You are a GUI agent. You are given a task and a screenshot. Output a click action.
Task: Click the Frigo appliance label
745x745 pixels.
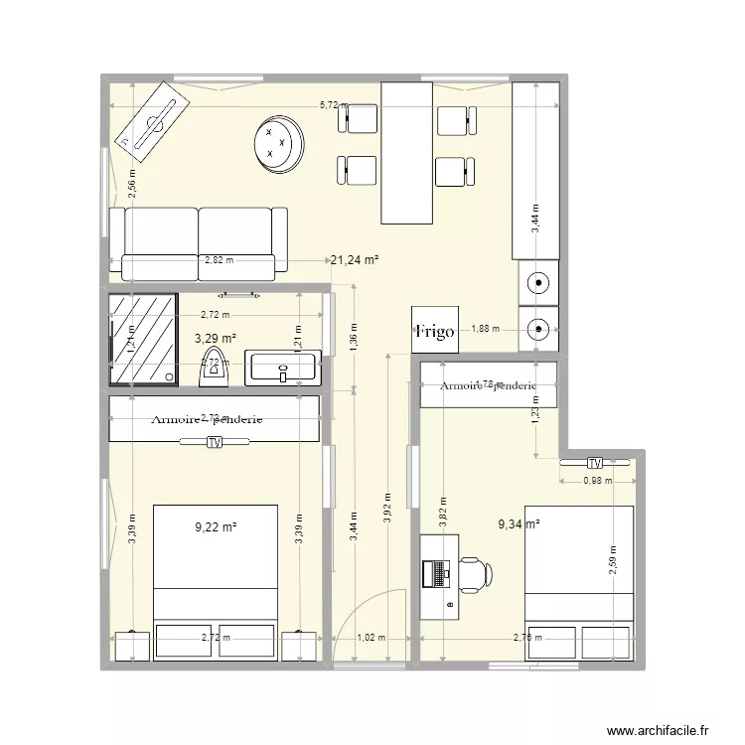[x=435, y=332]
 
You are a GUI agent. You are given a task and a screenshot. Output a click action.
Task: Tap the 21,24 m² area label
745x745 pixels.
[x=355, y=260]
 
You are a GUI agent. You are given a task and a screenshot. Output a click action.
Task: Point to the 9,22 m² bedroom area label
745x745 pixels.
[x=216, y=526]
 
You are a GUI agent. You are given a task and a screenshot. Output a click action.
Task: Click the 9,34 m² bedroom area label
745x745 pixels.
[x=518, y=523]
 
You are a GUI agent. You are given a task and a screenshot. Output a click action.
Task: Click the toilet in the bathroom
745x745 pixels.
[x=214, y=367]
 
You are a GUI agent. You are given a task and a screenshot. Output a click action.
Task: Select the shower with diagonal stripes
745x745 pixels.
[x=143, y=339]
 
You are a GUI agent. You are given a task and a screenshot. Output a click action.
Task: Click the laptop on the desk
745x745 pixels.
[x=435, y=574]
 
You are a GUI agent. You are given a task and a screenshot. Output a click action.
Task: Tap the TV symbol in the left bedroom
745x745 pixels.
[x=214, y=443]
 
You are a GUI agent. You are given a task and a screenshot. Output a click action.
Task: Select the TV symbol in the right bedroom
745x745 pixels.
[x=595, y=463]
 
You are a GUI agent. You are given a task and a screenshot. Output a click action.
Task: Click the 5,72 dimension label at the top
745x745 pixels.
[x=328, y=104]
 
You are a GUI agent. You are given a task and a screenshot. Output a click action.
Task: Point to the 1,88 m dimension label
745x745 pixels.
[x=486, y=329]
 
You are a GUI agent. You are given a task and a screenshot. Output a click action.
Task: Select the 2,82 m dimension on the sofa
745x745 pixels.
[x=218, y=261]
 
